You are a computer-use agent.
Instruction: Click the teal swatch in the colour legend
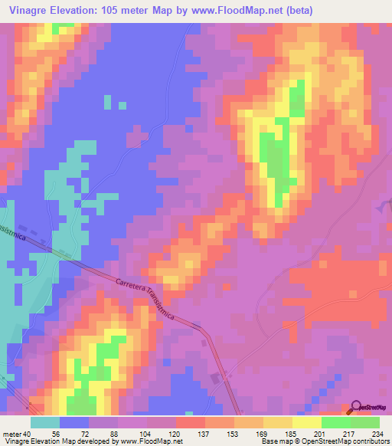click(x=45, y=422)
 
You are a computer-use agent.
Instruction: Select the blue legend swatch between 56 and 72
click(x=74, y=422)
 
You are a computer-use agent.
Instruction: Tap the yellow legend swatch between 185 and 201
click(x=307, y=422)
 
